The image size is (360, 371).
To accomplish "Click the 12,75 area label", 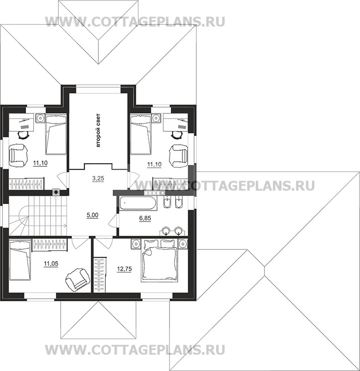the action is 124,269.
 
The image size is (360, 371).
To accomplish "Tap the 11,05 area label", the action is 51,263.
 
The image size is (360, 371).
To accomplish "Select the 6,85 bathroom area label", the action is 145,218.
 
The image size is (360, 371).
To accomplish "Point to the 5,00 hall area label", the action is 92,215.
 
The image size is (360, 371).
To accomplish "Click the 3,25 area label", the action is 98,178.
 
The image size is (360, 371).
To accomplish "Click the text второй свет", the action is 98,130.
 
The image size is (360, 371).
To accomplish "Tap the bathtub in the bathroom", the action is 138,203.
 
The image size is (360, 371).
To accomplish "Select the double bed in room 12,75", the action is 159,261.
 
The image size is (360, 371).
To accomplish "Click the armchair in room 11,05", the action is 77,279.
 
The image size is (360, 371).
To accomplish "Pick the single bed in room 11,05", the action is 20,259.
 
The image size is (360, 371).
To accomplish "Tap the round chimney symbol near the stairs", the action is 56,192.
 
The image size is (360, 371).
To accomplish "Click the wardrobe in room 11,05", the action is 50,245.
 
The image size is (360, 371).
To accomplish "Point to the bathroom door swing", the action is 113,221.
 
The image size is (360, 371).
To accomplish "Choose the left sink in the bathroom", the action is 165,231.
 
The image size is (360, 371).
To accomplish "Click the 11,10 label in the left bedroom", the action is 40,163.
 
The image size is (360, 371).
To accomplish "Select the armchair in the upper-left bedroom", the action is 18,156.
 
